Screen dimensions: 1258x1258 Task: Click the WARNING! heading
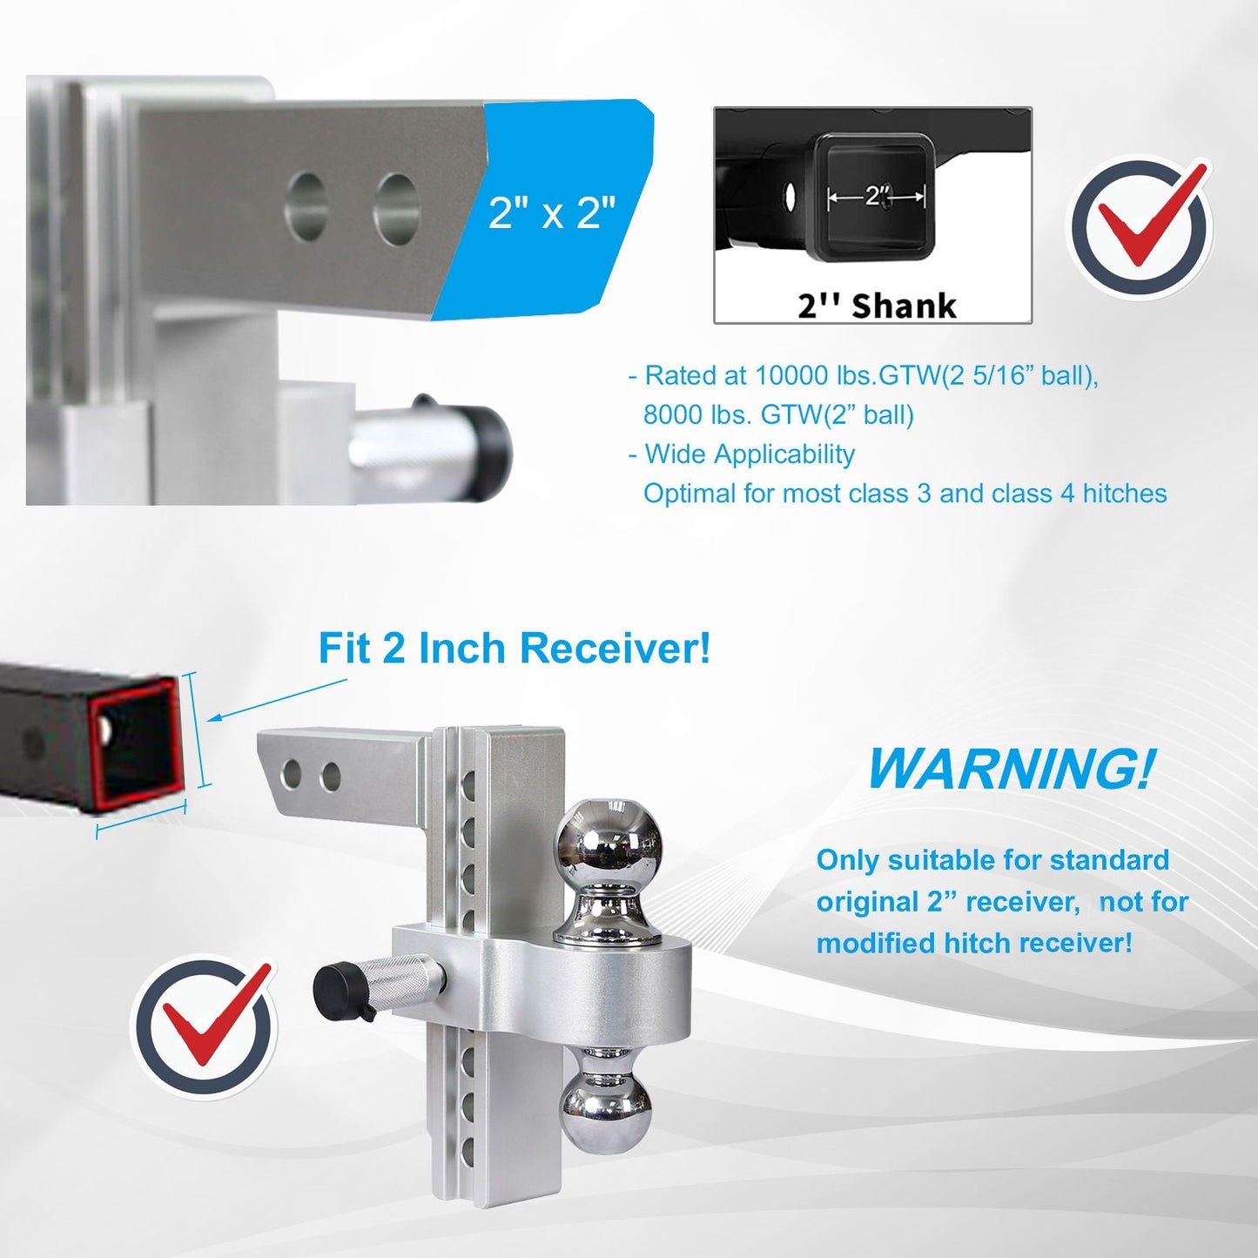tap(1009, 769)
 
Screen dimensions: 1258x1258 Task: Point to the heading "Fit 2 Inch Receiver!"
tap(514, 648)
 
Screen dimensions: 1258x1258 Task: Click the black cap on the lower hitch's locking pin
tap(338, 992)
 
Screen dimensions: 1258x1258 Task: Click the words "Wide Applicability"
tap(750, 454)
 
